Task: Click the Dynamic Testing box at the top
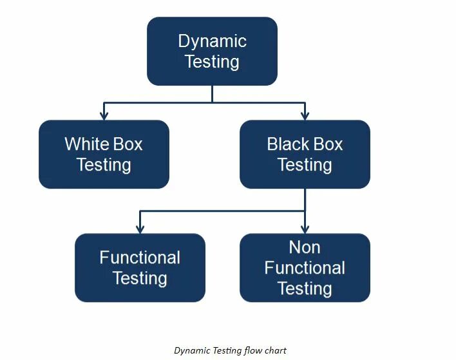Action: pos(212,51)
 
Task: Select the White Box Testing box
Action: pos(104,154)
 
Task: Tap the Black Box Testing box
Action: pos(305,154)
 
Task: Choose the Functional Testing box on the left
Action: pos(140,267)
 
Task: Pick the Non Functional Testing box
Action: pos(305,267)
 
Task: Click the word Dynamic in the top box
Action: pos(212,41)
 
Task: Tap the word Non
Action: pos(305,247)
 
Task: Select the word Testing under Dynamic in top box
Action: pos(212,62)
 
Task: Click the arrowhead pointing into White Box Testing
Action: pos(104,115)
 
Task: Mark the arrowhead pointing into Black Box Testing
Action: pos(305,115)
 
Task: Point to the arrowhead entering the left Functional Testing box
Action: pos(140,229)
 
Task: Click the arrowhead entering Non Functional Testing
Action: pos(305,229)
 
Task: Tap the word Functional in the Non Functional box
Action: pos(305,268)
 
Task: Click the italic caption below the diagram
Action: pos(230,350)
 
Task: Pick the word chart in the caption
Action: pos(275,350)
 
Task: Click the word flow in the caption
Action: pos(252,350)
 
